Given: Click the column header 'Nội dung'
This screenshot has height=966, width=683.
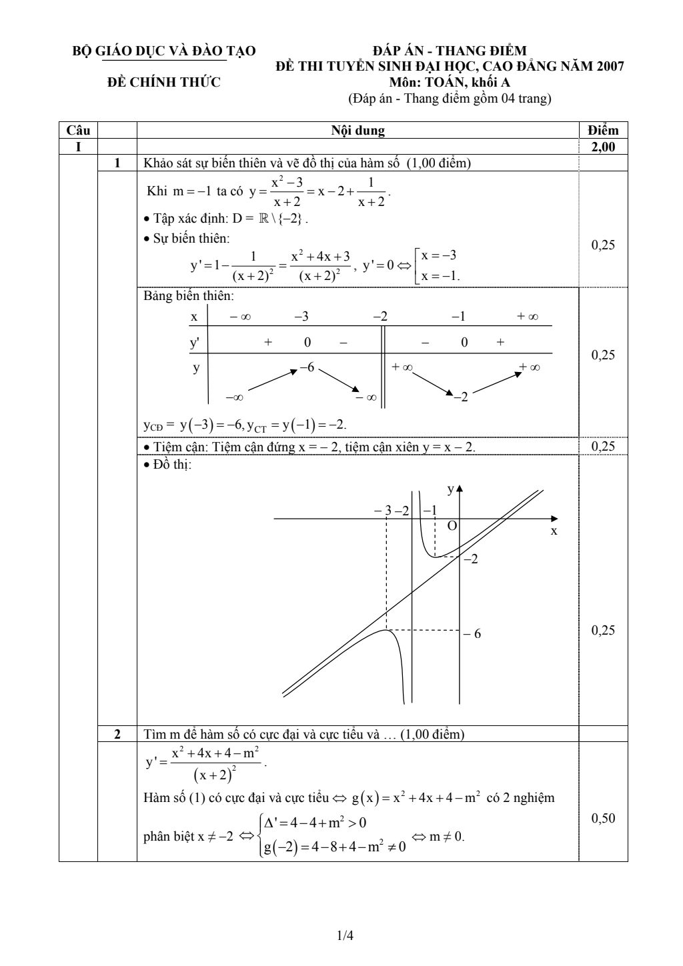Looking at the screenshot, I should click(x=358, y=131).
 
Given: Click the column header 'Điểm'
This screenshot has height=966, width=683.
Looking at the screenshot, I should click(x=603, y=131).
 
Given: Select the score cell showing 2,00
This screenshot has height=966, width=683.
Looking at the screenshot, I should click(x=603, y=147).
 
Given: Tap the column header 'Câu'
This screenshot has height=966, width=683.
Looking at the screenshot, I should click(x=78, y=131).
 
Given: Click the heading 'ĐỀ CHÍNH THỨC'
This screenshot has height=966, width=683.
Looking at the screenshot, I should click(x=164, y=83).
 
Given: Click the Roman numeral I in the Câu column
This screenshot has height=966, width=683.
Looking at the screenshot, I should click(x=78, y=147).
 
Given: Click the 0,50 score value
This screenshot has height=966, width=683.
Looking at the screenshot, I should click(x=603, y=819).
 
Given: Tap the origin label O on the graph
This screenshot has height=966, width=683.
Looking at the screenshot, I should click(x=452, y=526).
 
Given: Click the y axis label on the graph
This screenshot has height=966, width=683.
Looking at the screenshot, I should click(x=450, y=490).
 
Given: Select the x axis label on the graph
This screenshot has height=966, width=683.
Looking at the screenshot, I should click(x=554, y=531).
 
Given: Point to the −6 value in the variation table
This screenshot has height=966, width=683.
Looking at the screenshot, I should click(x=307, y=367).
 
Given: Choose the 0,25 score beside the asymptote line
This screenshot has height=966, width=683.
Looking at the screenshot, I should click(x=603, y=447).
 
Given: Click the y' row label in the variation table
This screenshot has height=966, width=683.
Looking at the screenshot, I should click(x=195, y=343).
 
